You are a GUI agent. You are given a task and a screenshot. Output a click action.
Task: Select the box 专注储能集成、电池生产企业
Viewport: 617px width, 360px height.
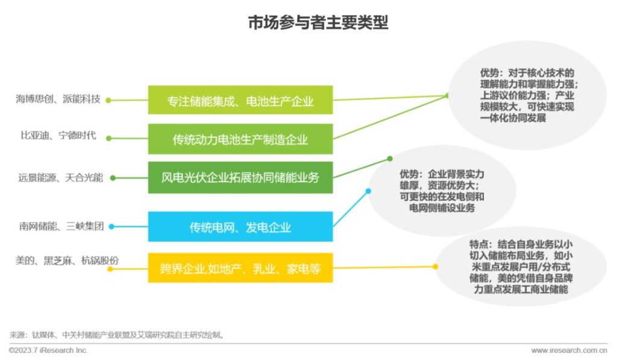[240, 99]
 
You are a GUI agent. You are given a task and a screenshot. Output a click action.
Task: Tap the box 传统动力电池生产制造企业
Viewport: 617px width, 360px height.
[240, 139]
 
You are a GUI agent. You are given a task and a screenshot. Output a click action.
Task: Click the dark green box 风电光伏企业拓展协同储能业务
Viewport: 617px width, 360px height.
[240, 177]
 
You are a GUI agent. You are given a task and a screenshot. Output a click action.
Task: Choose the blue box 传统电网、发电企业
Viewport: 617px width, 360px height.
[240, 227]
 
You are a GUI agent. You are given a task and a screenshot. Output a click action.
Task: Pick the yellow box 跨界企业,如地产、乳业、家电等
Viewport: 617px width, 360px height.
[240, 268]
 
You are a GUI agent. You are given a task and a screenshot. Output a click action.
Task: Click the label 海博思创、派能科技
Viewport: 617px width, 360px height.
[58, 99]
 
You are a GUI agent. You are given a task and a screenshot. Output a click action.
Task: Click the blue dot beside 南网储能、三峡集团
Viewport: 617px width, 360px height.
[111, 227]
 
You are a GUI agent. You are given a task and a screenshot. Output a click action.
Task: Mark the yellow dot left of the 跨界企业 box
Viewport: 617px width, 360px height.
[109, 269]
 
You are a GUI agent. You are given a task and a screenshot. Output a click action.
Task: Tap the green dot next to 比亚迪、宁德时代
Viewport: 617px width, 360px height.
[109, 138]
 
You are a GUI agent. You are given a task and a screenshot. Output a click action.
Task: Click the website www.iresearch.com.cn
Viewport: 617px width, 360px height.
[569, 350]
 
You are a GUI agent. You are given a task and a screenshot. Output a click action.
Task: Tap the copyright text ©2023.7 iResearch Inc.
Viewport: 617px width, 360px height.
[48, 350]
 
